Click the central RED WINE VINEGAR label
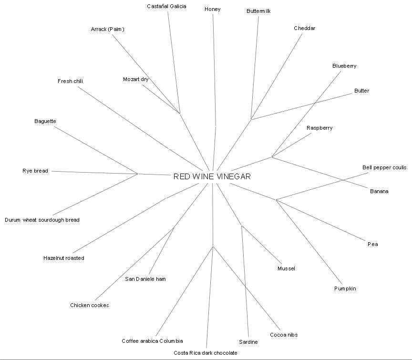(212, 176)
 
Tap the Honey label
(212, 9)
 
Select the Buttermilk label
(258, 11)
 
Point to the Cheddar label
(304, 28)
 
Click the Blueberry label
(344, 66)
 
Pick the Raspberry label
(319, 128)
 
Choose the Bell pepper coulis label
(384, 167)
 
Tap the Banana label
(379, 191)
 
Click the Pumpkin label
(345, 288)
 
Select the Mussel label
(286, 268)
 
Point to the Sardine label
(248, 342)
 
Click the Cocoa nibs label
(283, 335)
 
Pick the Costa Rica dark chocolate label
(205, 353)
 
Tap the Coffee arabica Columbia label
(152, 341)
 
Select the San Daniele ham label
(145, 279)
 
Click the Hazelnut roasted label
(63, 258)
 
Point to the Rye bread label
(35, 171)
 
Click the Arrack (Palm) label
(107, 29)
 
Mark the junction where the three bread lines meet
(138, 174)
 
